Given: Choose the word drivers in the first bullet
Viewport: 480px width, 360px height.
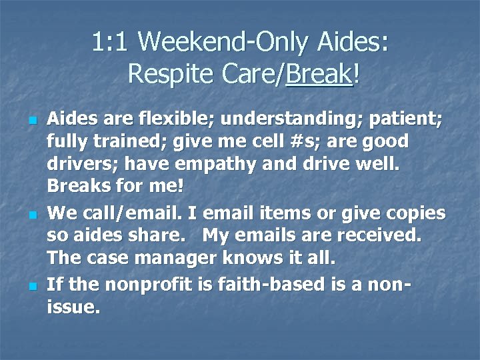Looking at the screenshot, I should [77, 163].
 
